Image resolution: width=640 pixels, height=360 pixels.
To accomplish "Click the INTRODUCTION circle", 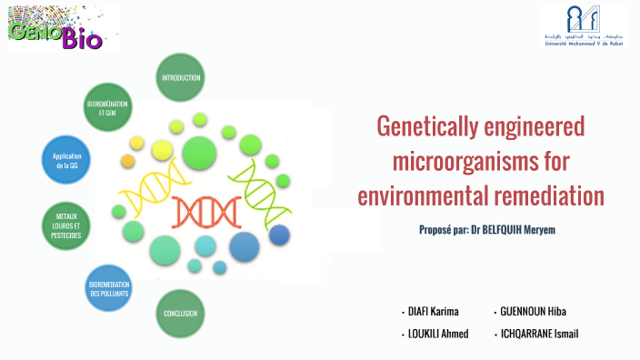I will coord(180,78).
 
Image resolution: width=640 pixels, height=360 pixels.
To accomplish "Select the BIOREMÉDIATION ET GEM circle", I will coord(107,109).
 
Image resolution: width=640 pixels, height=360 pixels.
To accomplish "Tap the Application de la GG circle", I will coord(67,161).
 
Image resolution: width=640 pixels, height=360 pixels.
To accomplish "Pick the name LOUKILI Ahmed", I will coord(439,334).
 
